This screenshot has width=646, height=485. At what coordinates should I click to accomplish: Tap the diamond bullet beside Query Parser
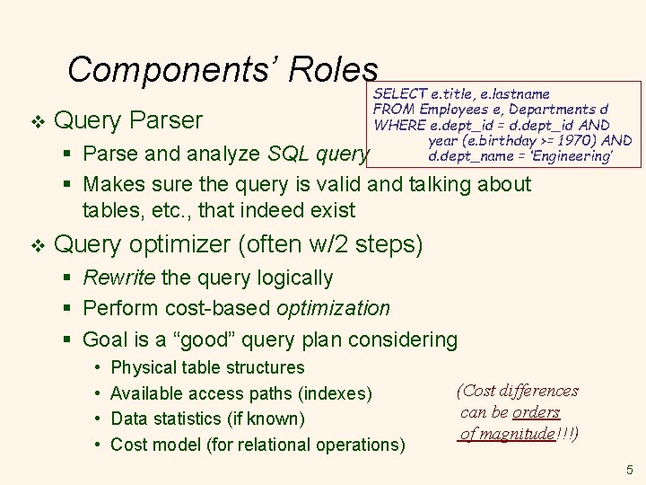point(35,120)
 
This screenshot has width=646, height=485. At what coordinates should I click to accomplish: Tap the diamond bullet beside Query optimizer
point(35,244)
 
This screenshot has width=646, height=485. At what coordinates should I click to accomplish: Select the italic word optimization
point(333,309)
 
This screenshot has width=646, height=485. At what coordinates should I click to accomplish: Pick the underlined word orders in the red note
point(537,412)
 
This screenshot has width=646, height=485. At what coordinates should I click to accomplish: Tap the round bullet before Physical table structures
point(96,368)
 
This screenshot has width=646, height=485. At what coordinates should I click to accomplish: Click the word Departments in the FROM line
point(555,110)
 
